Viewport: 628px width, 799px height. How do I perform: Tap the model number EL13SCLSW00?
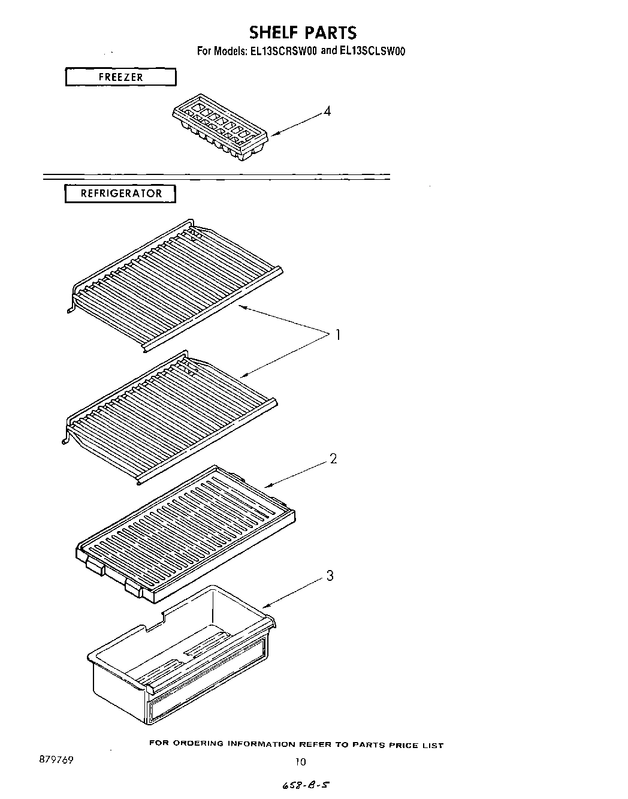click(x=364, y=52)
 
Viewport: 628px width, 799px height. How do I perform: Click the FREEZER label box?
click(x=120, y=77)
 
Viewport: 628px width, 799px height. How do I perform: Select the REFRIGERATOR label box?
click(x=120, y=194)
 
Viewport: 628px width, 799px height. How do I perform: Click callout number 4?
click(x=327, y=111)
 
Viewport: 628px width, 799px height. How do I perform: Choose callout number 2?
click(x=333, y=459)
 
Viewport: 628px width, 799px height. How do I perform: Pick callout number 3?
click(x=330, y=576)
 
